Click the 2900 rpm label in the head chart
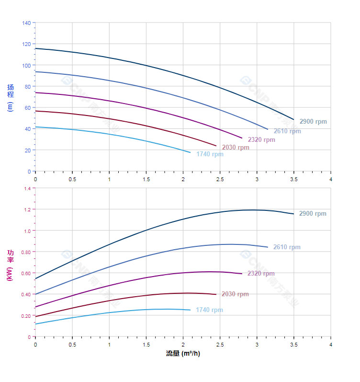click(313, 122)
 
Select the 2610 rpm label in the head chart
click(287, 131)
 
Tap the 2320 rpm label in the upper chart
click(261, 140)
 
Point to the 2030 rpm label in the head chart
click(236, 148)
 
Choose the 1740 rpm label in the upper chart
click(210, 154)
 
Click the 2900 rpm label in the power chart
click(313, 214)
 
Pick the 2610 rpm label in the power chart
click(287, 247)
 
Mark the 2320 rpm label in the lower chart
click(261, 274)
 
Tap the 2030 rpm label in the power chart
click(235, 294)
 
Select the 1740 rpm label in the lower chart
click(209, 310)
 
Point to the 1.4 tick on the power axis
click(27, 189)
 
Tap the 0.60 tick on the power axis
click(25, 273)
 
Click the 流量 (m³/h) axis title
click(183, 354)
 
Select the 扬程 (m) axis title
click(11, 98)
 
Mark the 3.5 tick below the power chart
click(294, 345)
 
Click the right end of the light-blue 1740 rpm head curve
click(190, 152)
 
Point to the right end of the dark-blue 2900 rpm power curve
click(293, 214)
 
